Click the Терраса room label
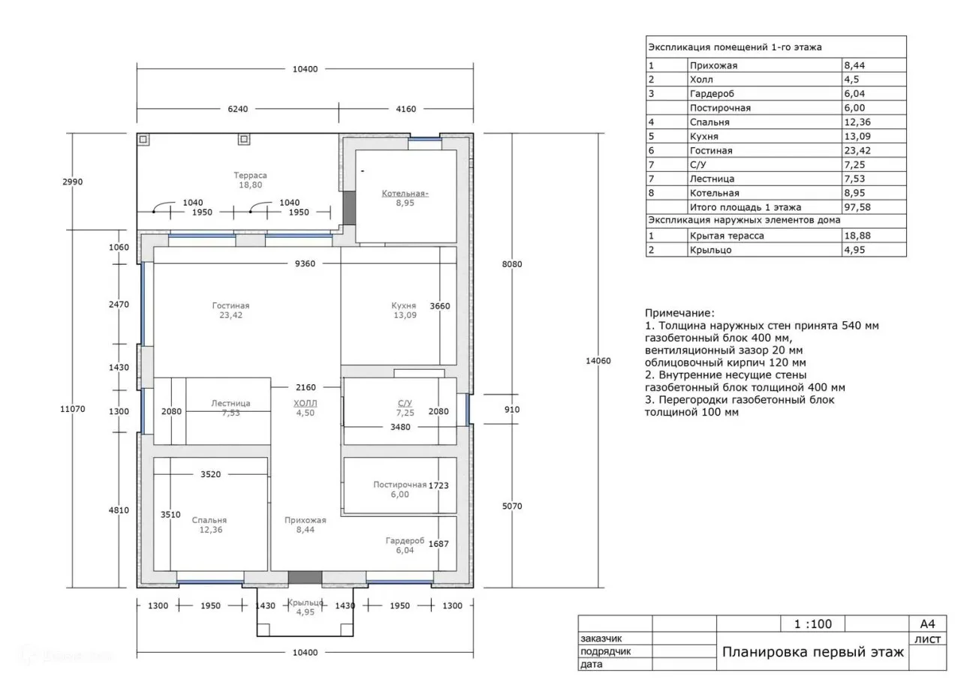250,176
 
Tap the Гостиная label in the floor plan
230,305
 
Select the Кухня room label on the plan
404,305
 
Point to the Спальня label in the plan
209,520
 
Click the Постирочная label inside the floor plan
400,485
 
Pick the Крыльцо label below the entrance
305,602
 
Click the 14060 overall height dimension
598,361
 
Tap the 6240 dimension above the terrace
238,109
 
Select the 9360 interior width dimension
305,263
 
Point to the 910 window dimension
512,410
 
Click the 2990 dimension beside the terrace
73,182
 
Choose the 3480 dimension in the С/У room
400,427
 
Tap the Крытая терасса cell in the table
727,236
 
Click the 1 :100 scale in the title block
812,623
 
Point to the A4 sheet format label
927,623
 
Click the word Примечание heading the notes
679,313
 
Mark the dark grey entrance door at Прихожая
305,578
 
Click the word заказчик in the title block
601,638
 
